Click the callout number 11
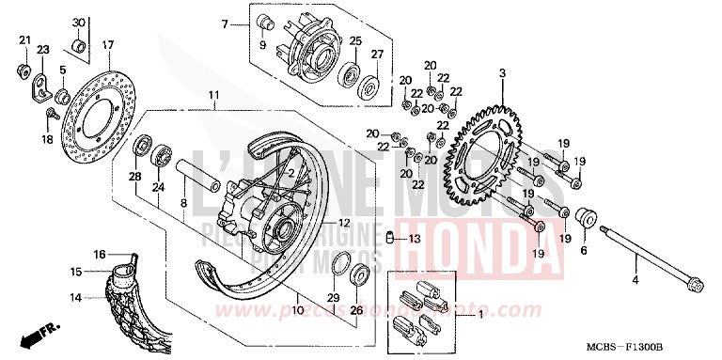213,96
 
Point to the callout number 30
78,22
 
